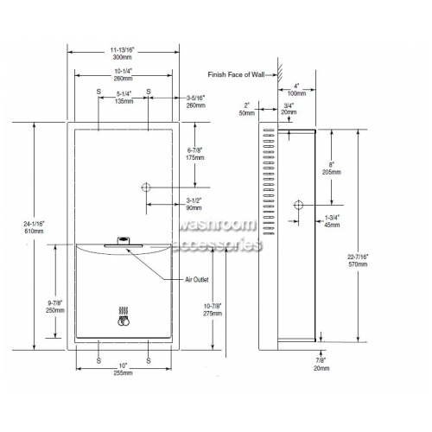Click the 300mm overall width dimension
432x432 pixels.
coord(122,57)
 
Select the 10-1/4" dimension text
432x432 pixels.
coord(123,71)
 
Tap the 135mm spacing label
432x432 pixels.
coord(124,101)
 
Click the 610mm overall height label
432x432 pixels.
coord(34,231)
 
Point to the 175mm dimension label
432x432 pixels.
coord(195,157)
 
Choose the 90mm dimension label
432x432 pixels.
coord(194,207)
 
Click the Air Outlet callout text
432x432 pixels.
coord(197,279)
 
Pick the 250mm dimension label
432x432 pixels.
coord(55,310)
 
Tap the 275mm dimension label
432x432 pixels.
coord(213,314)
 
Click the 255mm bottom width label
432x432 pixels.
coord(123,373)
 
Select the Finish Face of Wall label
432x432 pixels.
coord(236,74)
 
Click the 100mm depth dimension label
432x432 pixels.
coord(296,93)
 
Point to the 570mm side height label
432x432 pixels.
coord(358,264)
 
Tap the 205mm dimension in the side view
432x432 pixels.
coord(332,172)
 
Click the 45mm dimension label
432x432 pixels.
coord(332,225)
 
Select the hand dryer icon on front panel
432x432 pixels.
coord(124,316)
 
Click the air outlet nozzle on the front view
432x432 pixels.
coord(124,242)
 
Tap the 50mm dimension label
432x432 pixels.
coord(247,113)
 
